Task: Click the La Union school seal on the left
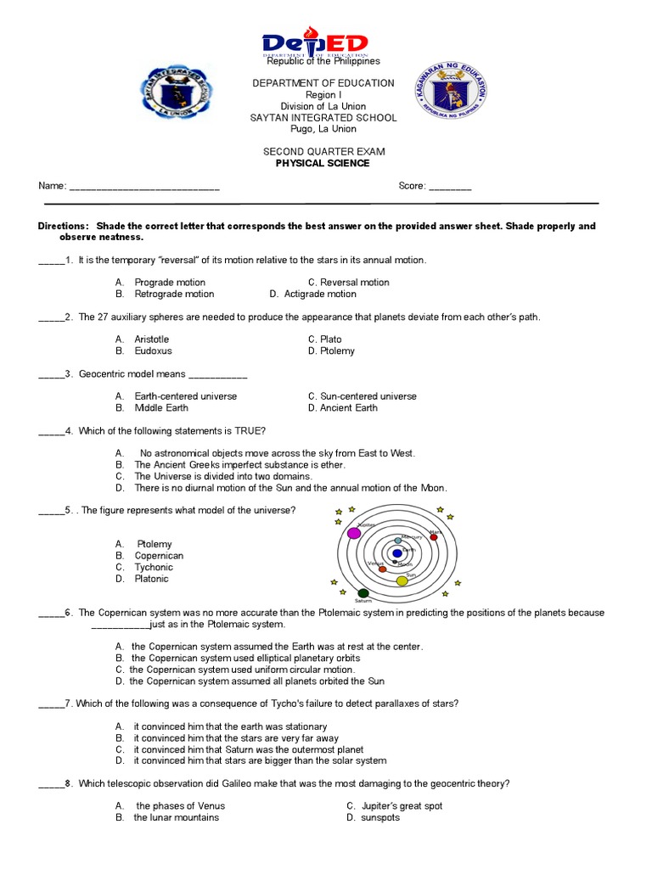click(177, 93)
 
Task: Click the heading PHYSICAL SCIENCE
click(323, 164)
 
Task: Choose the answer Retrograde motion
click(174, 294)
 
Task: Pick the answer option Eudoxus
click(153, 351)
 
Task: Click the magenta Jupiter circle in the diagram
click(355, 533)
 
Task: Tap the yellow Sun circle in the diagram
click(402, 581)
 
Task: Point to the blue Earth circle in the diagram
click(397, 554)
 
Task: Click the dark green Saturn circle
click(363, 593)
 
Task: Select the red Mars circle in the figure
click(434, 536)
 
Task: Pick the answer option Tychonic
click(153, 568)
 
